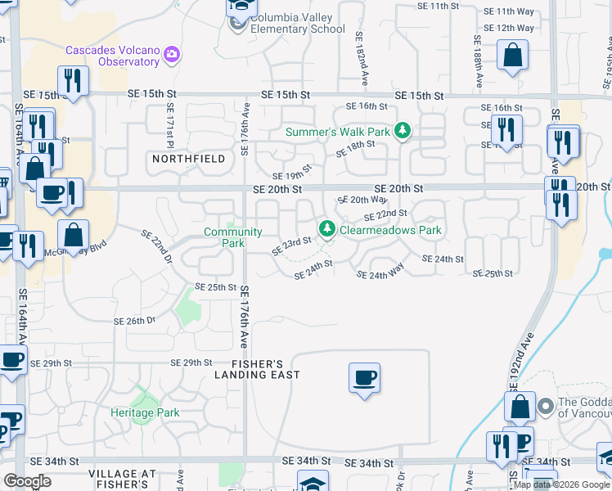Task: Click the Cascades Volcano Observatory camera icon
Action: tap(172, 55)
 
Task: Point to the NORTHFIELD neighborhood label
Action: tap(188, 159)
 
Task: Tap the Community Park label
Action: tap(233, 237)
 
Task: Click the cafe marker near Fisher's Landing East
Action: tap(364, 378)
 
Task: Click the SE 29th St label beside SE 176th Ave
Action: tap(191, 363)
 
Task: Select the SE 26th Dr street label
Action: tap(134, 321)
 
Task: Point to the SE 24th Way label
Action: tap(380, 275)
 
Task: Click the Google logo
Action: tap(28, 481)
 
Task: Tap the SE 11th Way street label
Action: tap(508, 12)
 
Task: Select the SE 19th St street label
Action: tap(292, 173)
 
